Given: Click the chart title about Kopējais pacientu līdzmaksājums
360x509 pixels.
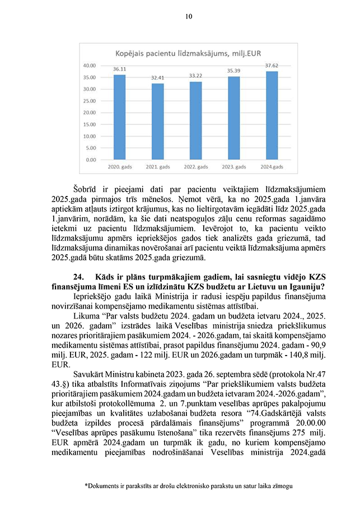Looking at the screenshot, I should coord(188,53).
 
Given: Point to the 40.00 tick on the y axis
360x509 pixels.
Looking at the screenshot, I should coord(90,65).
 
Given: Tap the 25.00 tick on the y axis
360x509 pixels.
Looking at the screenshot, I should coord(90,100).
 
